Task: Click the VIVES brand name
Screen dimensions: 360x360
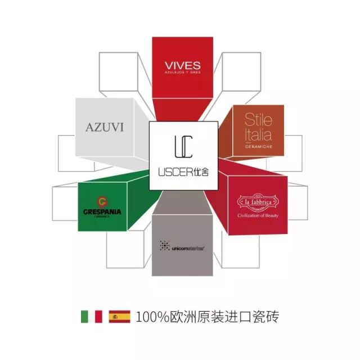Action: [x=182, y=65]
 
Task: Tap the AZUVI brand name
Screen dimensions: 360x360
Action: [x=105, y=127]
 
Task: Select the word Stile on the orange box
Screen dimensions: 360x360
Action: [x=258, y=120]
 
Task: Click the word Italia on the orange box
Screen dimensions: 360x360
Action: [x=258, y=134]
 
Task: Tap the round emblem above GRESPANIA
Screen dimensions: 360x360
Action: [x=101, y=201]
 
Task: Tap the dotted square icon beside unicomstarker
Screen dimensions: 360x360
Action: [x=165, y=245]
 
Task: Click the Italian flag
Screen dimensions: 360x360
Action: [x=91, y=316]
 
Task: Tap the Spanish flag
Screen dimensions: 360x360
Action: [x=119, y=316]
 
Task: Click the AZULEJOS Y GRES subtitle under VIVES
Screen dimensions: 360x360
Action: [x=182, y=74]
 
